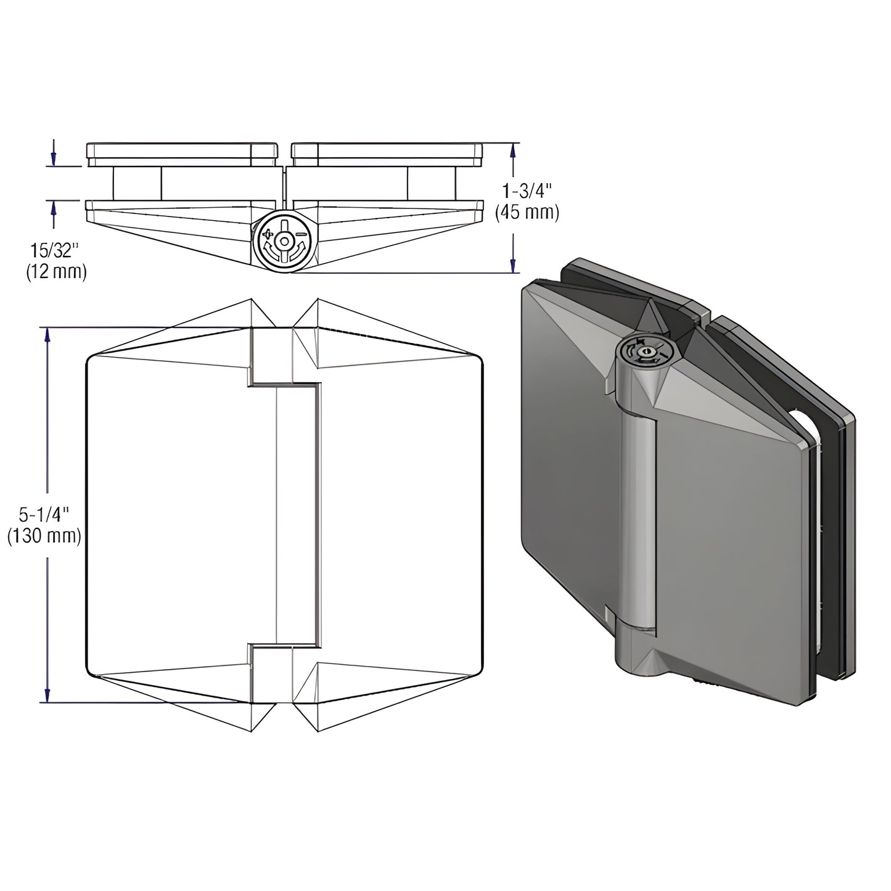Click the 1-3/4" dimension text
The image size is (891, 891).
pyautogui.click(x=527, y=191)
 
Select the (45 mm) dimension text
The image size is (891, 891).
pyautogui.click(x=527, y=213)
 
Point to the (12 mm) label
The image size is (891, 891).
pyautogui.click(x=56, y=271)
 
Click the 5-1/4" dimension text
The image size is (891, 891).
pyautogui.click(x=44, y=514)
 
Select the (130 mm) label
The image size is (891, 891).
pyautogui.click(x=44, y=536)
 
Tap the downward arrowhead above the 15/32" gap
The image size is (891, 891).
pyautogui.click(x=54, y=158)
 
